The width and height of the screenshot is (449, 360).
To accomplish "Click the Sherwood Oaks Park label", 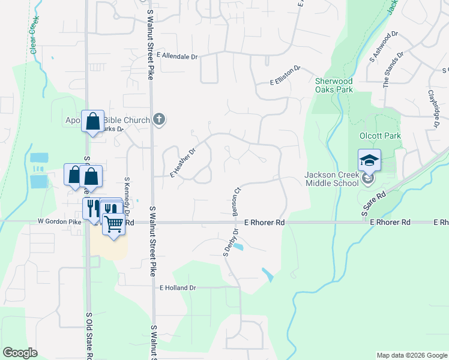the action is pos(334,85).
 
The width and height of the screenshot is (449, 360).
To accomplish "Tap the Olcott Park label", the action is pos(379,136).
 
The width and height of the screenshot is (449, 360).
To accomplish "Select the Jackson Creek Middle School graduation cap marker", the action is pos(369,160).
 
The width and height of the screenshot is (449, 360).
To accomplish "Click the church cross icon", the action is pos(159,119).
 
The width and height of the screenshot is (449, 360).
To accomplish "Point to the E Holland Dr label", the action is pos(178,288).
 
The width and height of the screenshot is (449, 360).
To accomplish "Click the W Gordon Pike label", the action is pos(59,221).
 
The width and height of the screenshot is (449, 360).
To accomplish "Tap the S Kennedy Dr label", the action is pos(127,192).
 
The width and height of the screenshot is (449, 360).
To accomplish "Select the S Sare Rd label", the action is pos(373,201).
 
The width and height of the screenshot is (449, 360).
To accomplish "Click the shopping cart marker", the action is pos(113,224).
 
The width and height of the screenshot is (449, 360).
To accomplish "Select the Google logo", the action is pos(20,353).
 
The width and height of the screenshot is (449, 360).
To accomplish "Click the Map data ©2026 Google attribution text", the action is pos(411,355).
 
